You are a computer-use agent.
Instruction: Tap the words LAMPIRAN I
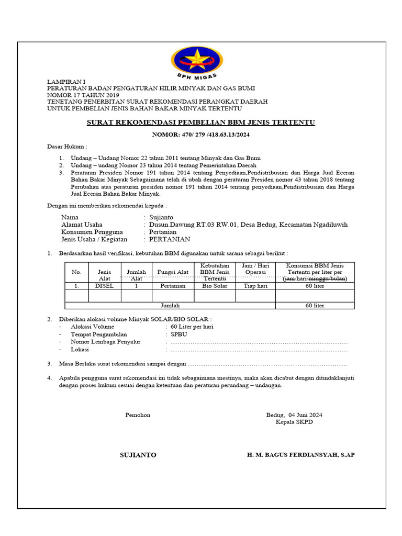pos(65,82)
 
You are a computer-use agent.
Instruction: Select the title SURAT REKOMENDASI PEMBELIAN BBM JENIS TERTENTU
pos(200,122)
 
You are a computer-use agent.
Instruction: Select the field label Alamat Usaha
pos(82,225)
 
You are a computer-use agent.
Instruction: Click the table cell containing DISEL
pos(105,286)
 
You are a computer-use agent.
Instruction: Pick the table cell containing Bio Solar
pos(215,286)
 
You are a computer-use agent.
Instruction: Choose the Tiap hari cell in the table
pos(255,286)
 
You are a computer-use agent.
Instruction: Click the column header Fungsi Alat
pos(173,272)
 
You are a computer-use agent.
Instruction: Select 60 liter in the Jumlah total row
pos(315,305)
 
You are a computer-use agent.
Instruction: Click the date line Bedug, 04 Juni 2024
pos(294,415)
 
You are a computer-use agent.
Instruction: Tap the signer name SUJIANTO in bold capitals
pos(138,455)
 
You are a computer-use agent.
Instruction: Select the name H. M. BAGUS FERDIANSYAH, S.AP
pos(300,455)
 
